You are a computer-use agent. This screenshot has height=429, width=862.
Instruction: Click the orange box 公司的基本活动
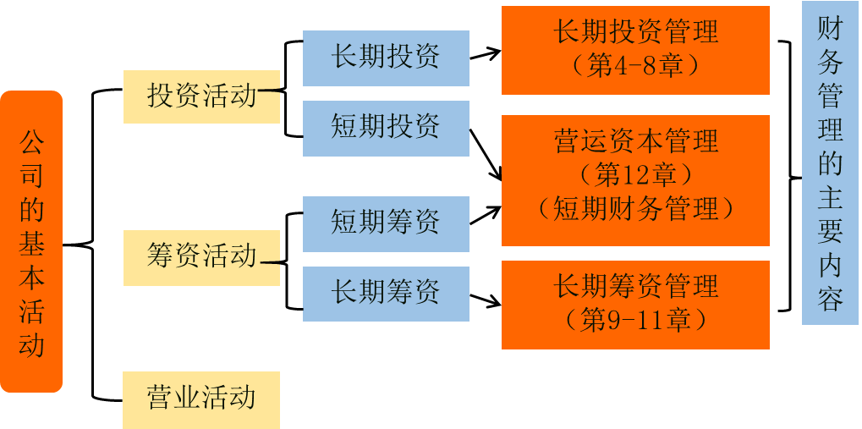pos(31,241)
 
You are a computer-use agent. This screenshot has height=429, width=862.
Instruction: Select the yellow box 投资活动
pos(201,96)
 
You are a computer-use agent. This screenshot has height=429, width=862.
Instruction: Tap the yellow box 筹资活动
pos(201,256)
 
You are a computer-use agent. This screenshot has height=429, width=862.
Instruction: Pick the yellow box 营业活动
pos(201,399)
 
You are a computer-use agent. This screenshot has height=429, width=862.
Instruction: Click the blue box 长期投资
pos(386,58)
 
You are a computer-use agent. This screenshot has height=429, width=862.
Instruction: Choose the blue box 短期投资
pos(386,128)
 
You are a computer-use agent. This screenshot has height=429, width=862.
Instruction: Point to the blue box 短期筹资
pos(386,223)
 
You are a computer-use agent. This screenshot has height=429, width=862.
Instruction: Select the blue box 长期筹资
pos(386,294)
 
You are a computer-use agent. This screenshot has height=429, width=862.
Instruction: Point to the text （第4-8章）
pos(635,67)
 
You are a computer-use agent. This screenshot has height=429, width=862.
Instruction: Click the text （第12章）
pos(635,175)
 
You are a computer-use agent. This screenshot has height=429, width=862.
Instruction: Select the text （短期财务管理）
pos(635,208)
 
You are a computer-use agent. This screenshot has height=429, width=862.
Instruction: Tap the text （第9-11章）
pos(635,320)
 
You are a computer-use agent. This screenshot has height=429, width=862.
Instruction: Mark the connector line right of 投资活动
pos(270,87)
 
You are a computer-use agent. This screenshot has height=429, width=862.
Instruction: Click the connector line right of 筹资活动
pos(270,262)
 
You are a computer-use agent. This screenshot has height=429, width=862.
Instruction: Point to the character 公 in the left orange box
pos(31,140)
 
